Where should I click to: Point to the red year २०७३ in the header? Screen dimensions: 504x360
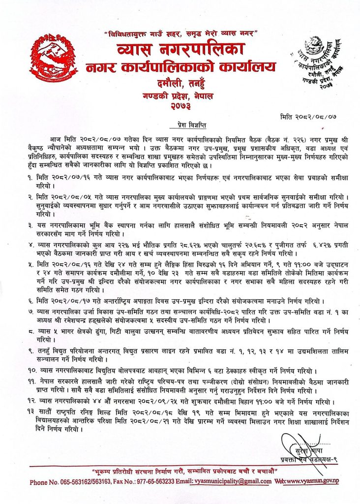[180, 104]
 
